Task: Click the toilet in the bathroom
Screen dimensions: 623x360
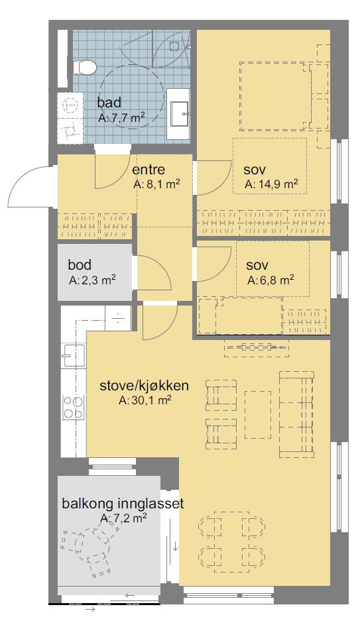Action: (x=85, y=66)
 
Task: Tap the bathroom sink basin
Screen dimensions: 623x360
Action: (x=179, y=114)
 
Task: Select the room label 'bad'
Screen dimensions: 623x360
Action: (x=109, y=103)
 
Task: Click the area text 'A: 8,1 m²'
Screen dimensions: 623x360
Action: (x=157, y=185)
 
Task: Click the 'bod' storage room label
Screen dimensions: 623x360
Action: (x=80, y=265)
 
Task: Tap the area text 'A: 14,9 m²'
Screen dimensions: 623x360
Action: (x=270, y=184)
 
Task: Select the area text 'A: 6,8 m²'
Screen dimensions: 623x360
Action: (x=270, y=280)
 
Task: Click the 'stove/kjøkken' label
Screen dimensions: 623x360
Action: (x=145, y=386)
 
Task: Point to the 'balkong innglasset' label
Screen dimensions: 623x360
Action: (x=123, y=504)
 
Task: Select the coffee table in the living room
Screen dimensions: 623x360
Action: (x=258, y=415)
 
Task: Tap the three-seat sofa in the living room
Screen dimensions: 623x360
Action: (x=296, y=414)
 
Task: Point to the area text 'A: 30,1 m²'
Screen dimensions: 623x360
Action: (x=145, y=400)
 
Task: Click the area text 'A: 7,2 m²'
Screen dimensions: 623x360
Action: (x=123, y=518)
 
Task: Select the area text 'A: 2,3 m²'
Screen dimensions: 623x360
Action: (x=92, y=280)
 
